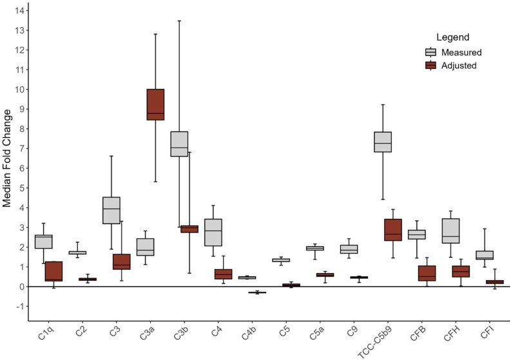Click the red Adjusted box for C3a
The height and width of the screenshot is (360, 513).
tap(155, 104)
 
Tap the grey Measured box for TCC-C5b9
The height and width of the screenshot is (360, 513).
tap(383, 142)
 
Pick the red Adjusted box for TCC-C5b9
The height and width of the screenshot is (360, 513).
tap(393, 230)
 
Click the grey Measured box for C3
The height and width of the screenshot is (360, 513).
tap(111, 210)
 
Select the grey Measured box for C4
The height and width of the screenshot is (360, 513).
tap(213, 232)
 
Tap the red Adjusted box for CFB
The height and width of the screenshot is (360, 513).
tap(427, 273)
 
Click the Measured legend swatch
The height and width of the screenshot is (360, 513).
tap(431, 52)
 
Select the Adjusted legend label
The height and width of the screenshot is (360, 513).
tap(460, 66)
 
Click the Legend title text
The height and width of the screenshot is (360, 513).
tap(452, 37)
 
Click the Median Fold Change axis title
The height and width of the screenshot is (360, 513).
tap(7, 158)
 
